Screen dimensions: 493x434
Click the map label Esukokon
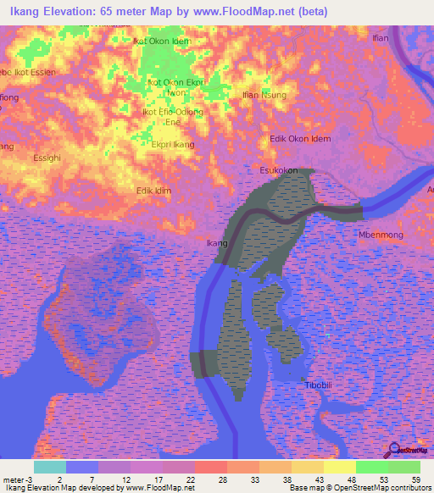[x=278, y=170]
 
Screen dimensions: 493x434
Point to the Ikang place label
[x=218, y=244]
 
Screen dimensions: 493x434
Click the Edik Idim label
[x=153, y=191]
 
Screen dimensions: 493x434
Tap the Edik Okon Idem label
[x=299, y=139]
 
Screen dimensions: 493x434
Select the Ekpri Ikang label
[x=172, y=145]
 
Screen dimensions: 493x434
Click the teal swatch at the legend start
[x=50, y=467]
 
